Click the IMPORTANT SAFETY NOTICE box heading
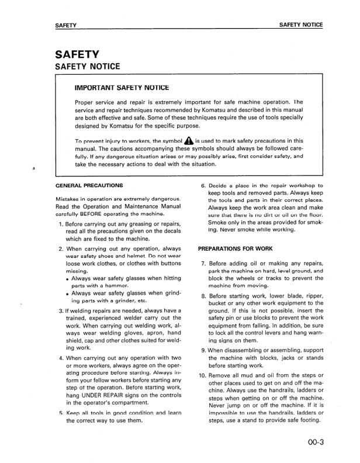click(x=122, y=88)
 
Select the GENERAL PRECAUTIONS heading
click(x=89, y=185)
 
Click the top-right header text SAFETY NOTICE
click(x=301, y=25)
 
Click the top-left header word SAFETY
click(x=66, y=25)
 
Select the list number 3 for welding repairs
click(x=61, y=310)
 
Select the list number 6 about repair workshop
click(x=203, y=186)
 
